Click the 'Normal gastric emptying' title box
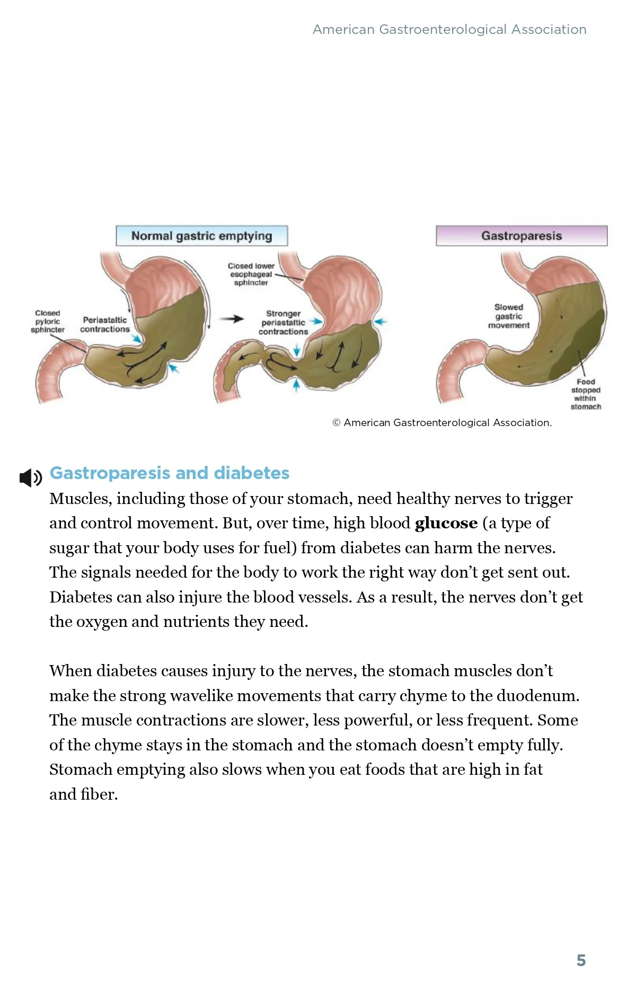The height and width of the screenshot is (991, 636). [x=201, y=236]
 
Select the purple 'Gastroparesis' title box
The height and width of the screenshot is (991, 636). [x=522, y=236]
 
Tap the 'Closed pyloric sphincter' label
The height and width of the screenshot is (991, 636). [x=48, y=322]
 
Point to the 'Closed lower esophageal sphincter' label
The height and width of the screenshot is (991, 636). [x=251, y=275]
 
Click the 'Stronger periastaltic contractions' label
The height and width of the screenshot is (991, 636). [x=283, y=323]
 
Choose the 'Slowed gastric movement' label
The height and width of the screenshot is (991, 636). [x=509, y=316]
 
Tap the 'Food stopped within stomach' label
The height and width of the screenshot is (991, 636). [x=586, y=394]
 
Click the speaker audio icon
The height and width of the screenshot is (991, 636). [x=31, y=478]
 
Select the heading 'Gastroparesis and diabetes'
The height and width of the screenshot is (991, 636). [x=170, y=473]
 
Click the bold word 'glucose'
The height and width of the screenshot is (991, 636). [x=446, y=523]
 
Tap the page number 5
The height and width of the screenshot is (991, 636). [x=581, y=960]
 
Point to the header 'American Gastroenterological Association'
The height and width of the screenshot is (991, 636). [x=449, y=30]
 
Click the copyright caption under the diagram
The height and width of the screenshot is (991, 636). [x=442, y=423]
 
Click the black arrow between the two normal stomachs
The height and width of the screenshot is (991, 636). [x=232, y=319]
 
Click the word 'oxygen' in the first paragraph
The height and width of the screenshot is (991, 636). [x=101, y=622]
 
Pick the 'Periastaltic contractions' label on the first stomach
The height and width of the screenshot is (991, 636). [x=105, y=325]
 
